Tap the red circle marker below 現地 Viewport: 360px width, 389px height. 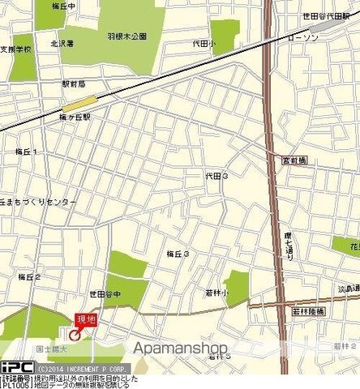tap(75, 334)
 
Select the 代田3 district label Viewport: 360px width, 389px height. tap(216, 176)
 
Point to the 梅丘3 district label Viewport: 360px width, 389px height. tap(178, 254)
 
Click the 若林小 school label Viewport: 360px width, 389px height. tap(216, 293)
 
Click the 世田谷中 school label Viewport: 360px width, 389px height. tap(105, 294)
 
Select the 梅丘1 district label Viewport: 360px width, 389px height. tap(27, 152)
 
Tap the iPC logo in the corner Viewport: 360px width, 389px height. tap(16, 366)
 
